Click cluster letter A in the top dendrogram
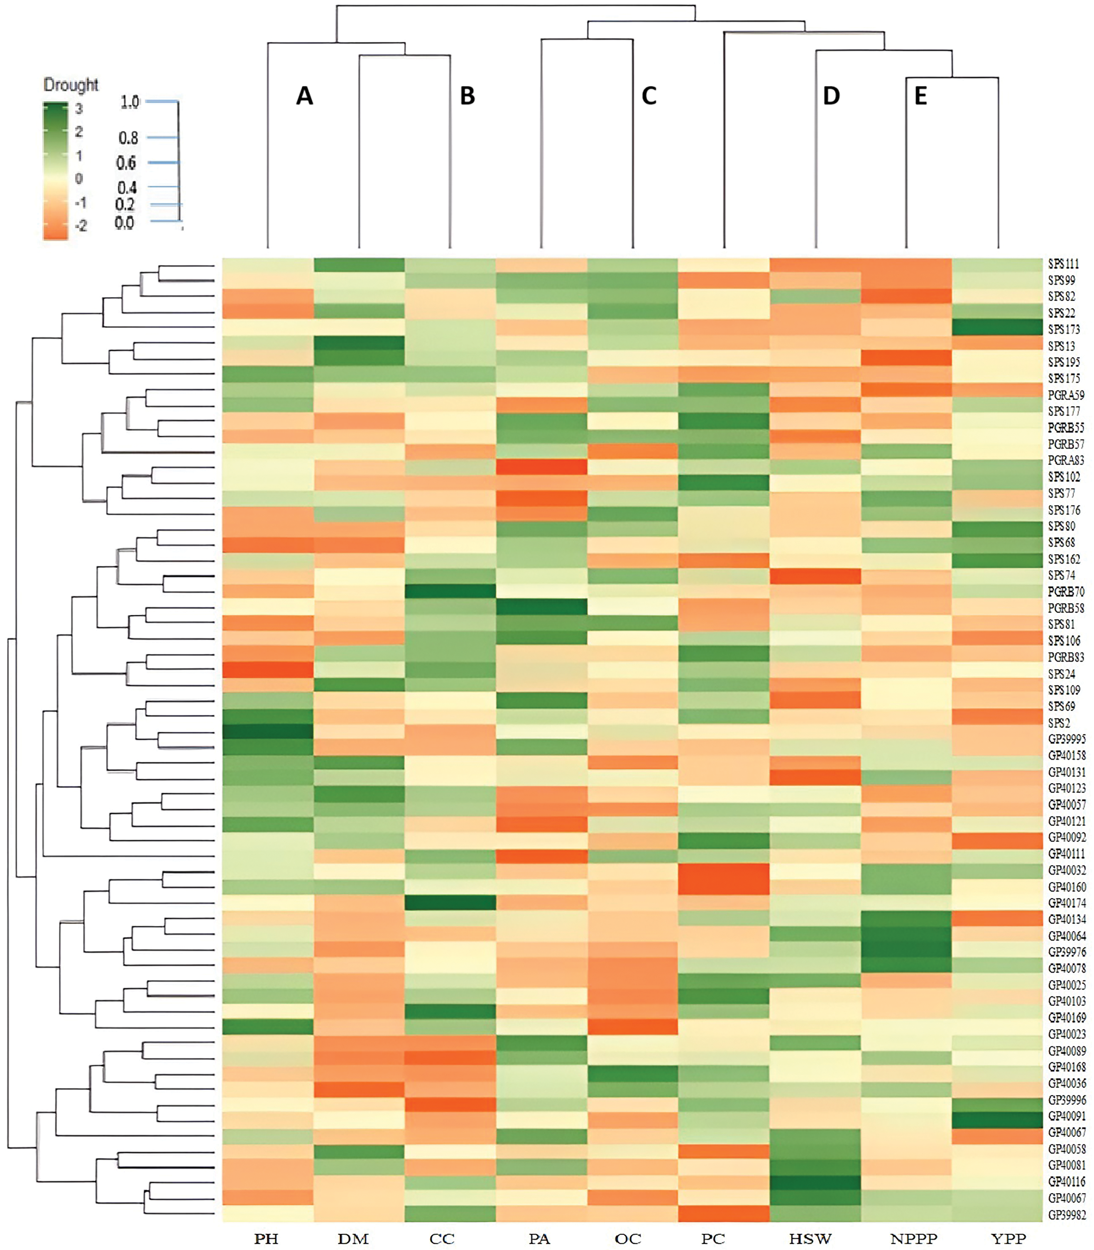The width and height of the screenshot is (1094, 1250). pyautogui.click(x=305, y=96)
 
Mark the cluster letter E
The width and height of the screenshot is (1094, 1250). pyautogui.click(x=920, y=96)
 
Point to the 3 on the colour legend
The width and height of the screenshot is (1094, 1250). pyautogui.click(x=78, y=109)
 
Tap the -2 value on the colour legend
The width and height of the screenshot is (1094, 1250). pyautogui.click(x=80, y=226)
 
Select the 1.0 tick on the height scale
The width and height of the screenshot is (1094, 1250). pyautogui.click(x=130, y=102)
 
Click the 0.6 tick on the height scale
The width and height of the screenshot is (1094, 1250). pyautogui.click(x=126, y=163)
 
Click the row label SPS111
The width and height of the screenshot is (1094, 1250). pyautogui.click(x=1064, y=264)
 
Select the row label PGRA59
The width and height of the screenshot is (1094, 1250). pyautogui.click(x=1066, y=395)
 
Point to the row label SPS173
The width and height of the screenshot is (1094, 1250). pyautogui.click(x=1064, y=329)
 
